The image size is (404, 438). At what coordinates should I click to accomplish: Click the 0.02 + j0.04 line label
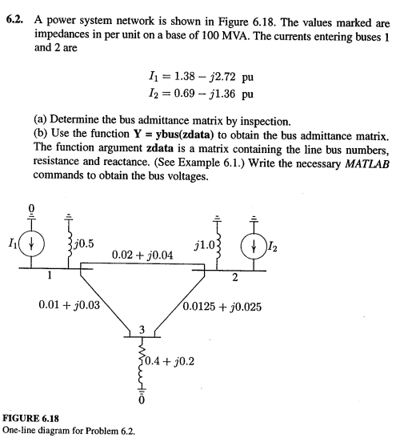pyautogui.click(x=143, y=255)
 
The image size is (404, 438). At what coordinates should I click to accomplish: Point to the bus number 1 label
pyautogui.click(x=49, y=278)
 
